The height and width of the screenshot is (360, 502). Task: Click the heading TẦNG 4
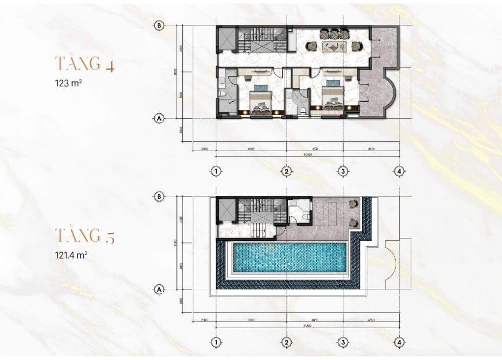coord(85,64)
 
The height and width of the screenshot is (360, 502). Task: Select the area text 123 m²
coord(68,83)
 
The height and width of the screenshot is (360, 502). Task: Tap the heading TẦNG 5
coord(85,235)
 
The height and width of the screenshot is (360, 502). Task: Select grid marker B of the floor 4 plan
coord(158,26)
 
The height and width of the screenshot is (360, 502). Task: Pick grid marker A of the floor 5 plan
coord(158,289)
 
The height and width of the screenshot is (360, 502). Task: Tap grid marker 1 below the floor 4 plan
coord(215,171)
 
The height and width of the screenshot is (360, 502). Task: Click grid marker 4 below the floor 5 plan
coord(400,342)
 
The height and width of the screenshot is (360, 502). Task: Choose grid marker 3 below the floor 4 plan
coord(343,171)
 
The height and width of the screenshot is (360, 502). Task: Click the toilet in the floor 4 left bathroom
coord(223,93)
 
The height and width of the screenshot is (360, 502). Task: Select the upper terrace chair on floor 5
coord(352,204)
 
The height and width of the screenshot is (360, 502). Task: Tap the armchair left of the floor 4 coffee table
coord(312,46)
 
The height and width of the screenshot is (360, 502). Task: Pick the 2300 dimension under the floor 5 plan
coord(204,320)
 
